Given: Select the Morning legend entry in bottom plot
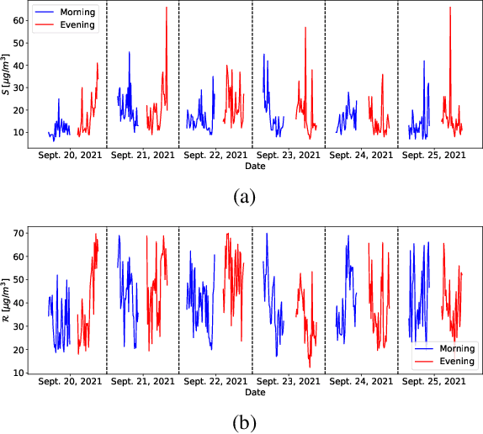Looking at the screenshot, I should point(451,348).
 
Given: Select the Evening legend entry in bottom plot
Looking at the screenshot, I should point(450,361).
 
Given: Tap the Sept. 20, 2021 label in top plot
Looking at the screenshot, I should point(71,156).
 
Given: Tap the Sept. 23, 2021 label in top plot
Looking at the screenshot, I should point(289,156).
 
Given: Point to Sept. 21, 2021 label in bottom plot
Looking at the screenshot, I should point(143,381).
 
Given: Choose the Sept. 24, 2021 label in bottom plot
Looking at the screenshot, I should point(360,381).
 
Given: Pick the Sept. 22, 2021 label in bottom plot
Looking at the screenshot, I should point(215,381).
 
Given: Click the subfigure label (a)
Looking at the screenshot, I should point(244,197).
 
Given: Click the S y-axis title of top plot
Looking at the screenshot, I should point(8,76).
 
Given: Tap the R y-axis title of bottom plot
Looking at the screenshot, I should point(8,300).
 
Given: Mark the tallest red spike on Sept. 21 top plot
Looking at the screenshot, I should point(166,8).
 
